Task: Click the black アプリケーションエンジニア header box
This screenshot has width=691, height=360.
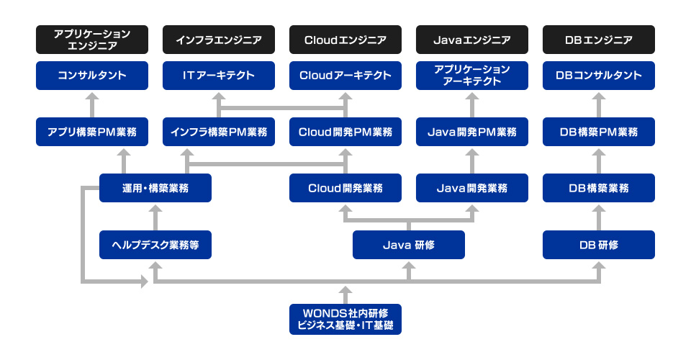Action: (x=92, y=40)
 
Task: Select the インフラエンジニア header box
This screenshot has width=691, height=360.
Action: (x=219, y=40)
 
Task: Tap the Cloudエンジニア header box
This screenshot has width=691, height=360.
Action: (x=345, y=40)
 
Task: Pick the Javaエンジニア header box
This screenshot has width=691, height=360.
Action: (x=472, y=40)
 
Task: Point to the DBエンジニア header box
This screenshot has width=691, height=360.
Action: (x=599, y=40)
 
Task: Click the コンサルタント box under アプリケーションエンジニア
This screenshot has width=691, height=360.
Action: (x=92, y=76)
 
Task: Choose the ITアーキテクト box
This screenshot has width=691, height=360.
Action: (x=219, y=76)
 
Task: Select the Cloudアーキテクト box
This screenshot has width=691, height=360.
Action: (x=345, y=76)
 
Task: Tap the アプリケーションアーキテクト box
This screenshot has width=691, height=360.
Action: (x=472, y=76)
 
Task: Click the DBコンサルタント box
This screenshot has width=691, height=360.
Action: (x=599, y=76)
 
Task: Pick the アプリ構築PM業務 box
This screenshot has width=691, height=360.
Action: (x=92, y=132)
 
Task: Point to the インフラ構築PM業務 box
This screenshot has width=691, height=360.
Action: (x=219, y=132)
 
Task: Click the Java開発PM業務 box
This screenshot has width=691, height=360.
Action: (x=472, y=132)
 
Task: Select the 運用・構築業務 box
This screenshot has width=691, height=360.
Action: (x=155, y=188)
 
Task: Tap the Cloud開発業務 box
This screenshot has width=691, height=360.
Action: (x=345, y=188)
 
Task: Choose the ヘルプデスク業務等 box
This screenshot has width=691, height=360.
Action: (x=155, y=245)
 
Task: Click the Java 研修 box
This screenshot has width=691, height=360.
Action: (x=409, y=245)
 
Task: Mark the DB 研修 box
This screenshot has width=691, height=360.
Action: (x=599, y=245)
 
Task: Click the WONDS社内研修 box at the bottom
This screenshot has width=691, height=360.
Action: (x=345, y=319)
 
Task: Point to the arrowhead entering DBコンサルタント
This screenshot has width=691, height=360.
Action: (x=599, y=96)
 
